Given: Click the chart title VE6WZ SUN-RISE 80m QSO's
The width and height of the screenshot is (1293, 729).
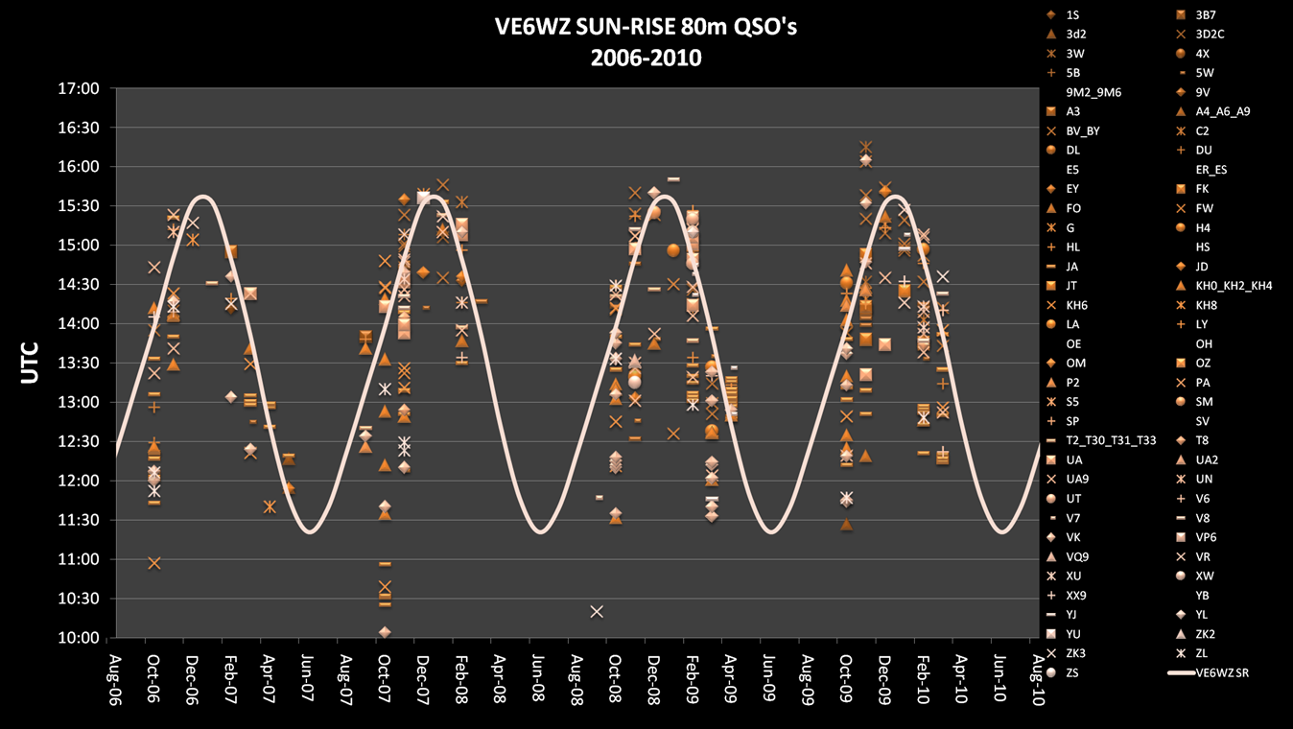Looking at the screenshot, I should (x=646, y=27).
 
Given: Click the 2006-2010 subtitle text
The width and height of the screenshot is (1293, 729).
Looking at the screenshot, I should (x=646, y=59).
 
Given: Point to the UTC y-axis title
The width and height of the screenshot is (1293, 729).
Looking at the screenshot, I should (x=31, y=363).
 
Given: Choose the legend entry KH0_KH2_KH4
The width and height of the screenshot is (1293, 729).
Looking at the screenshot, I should (x=1233, y=286).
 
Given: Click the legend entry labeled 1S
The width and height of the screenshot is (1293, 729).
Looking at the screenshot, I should (x=1072, y=15).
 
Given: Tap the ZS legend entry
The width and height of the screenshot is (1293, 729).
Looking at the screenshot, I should (x=1072, y=673).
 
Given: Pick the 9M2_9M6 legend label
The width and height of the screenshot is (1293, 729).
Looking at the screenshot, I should (x=1093, y=93).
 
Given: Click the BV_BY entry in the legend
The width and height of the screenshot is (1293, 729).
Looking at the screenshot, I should (x=1082, y=131).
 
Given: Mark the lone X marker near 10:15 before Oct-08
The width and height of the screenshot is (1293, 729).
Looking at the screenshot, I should (x=597, y=611).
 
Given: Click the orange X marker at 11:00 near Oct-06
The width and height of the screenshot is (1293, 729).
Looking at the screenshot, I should (x=154, y=563).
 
